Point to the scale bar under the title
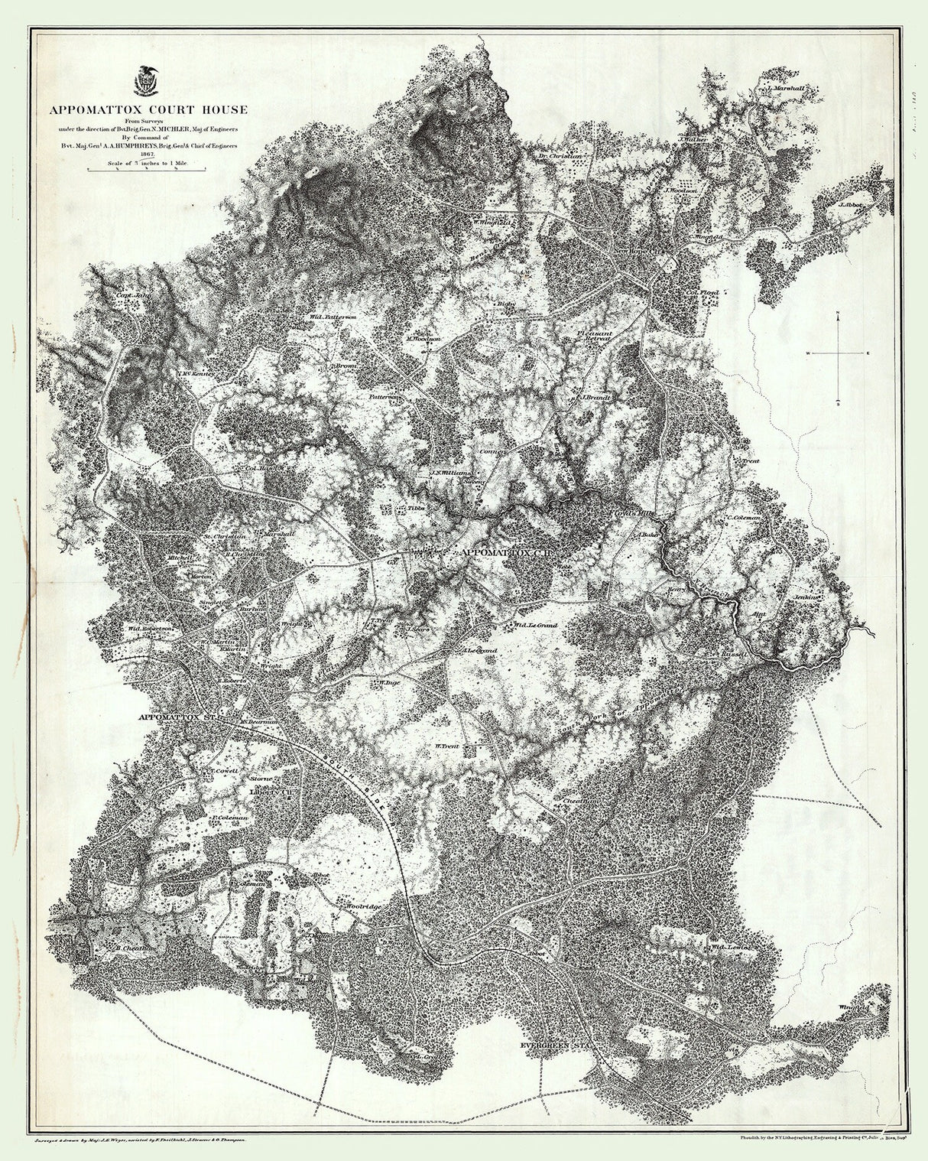pos(144,170)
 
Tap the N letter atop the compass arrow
pos(838,314)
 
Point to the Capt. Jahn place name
pos(130,291)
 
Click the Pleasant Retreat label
pos(595,337)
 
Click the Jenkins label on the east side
pos(806,597)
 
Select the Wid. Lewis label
pos(732,947)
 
